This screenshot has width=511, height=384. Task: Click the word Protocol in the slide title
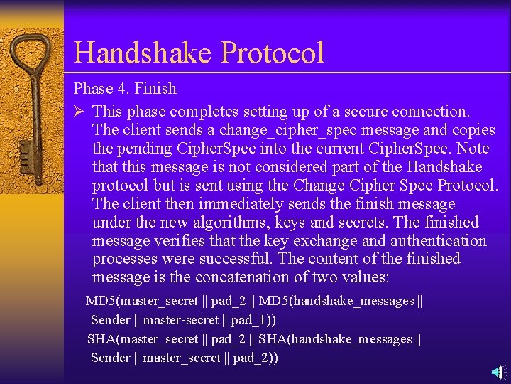[273, 53]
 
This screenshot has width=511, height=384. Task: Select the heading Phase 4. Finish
[125, 89]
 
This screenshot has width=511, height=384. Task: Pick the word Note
[473, 149]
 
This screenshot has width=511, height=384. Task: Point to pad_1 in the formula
[251, 320]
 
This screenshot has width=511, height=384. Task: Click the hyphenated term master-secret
[181, 320]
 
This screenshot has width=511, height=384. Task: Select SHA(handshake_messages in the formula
[335, 339]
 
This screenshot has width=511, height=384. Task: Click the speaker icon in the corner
[498, 372]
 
